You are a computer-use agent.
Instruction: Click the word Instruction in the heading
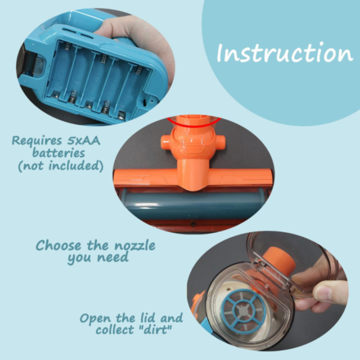coord(285,52)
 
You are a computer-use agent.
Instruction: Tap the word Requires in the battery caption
coord(37,140)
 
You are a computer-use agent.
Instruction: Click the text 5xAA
coord(84,140)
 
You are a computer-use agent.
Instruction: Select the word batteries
coord(58,152)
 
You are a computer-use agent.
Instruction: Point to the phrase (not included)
coord(61,165)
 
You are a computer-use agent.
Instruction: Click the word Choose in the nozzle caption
coord(58,245)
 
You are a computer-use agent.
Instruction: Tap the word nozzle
coord(135,246)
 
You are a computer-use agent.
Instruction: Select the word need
coord(112,258)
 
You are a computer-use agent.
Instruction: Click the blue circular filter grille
coord(244,311)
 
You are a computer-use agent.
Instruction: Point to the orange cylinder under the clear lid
coord(279,260)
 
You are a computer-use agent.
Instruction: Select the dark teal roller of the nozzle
coord(193,205)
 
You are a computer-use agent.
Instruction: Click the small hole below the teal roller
coord(193,224)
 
